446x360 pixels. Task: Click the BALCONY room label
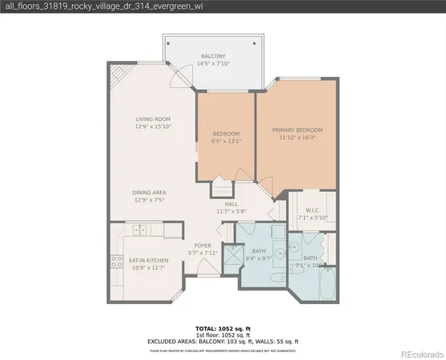click(212, 56)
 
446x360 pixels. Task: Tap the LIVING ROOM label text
click(153, 119)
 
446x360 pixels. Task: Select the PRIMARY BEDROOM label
click(297, 130)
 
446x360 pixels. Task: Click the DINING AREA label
click(150, 192)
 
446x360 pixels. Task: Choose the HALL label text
click(231, 204)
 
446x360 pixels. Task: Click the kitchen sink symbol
click(140, 230)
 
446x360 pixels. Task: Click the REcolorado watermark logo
click(421, 353)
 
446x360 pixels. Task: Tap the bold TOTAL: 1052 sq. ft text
click(223, 329)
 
